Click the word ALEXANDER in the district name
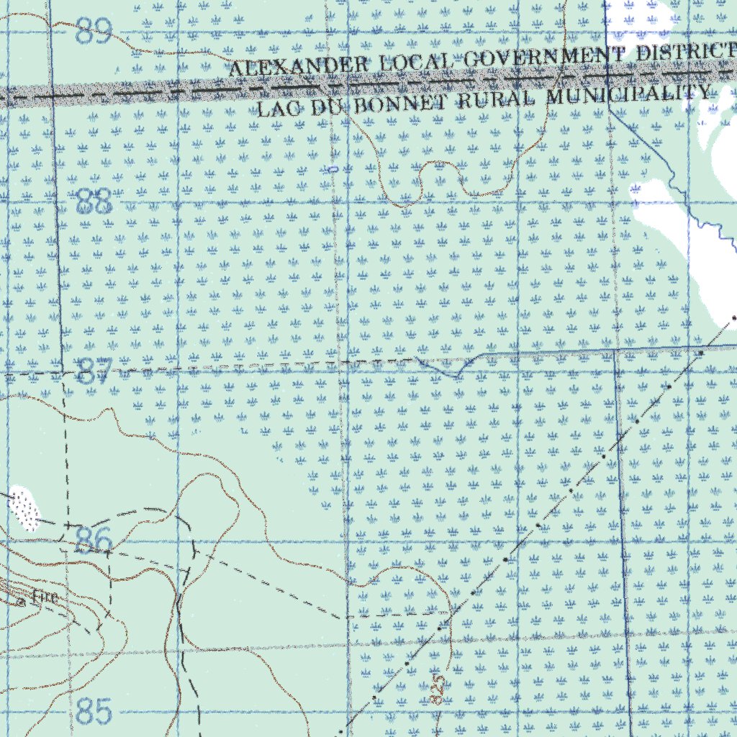[x=298, y=66]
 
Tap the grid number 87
[x=94, y=371]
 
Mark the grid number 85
[x=94, y=712]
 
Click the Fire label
[x=44, y=597]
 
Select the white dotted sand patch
[x=23, y=510]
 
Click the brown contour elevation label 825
[x=436, y=690]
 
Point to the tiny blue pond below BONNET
[x=333, y=169]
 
